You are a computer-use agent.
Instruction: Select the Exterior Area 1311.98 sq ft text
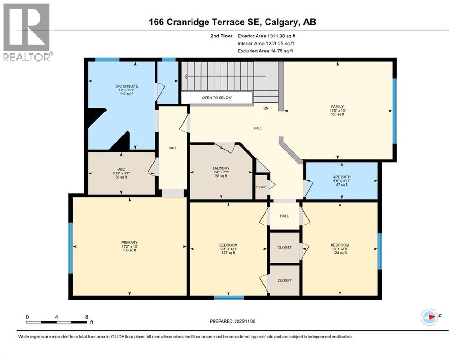coord(266,36)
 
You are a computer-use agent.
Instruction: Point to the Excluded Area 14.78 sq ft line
coord(266,51)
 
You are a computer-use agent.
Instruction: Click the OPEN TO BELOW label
coord(216,97)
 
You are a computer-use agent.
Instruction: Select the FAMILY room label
coord(338,107)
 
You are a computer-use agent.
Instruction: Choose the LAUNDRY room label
coord(221,168)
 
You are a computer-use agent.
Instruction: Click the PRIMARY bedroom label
coord(129,242)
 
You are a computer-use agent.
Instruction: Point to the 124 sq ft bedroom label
coord(340,249)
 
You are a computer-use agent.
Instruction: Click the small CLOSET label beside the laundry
coord(261,187)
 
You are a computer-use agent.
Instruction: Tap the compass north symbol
coord(429,317)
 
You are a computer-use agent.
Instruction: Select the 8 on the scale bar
coord(86,317)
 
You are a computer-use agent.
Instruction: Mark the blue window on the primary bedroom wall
coord(71,247)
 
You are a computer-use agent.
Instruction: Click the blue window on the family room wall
coord(394,111)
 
